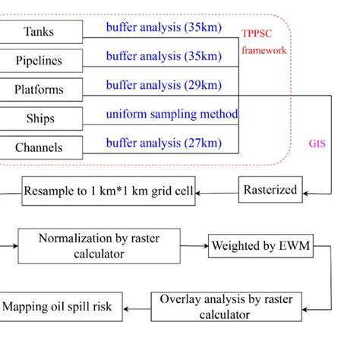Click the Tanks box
coord(39,32)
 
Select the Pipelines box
coord(39,61)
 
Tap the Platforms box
coord(39,89)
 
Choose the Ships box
coord(39,118)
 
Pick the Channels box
coord(39,147)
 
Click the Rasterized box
coord(270,190)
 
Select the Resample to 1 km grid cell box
coord(109,190)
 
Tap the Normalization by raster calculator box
coord(103,246)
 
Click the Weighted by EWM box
coord(261,246)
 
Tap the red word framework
coord(264,52)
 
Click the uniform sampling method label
coord(172,114)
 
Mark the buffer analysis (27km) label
coord(164,142)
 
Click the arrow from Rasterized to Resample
coord(217,190)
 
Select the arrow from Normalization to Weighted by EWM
coord(192,246)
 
